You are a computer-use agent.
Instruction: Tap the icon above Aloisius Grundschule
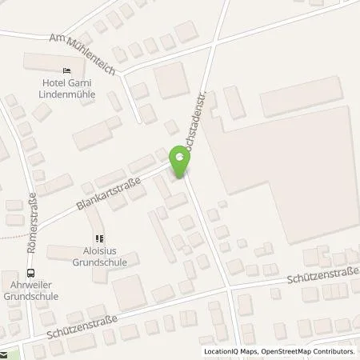tap(99, 238)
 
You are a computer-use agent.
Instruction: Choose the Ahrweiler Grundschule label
tap(34, 289)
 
